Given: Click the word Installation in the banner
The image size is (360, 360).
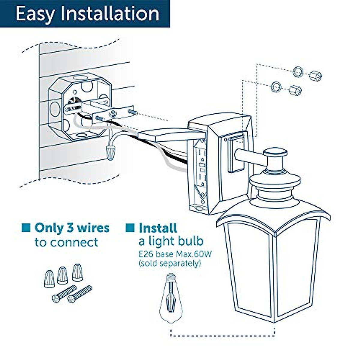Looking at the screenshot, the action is pos(110,13).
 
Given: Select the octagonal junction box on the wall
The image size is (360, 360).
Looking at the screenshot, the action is pos(80,107).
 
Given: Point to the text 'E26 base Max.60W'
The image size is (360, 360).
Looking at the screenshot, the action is pos(175,254).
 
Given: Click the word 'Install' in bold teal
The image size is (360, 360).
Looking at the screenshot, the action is pos(158,228).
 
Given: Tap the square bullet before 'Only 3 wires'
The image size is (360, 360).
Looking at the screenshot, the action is pos(26,227).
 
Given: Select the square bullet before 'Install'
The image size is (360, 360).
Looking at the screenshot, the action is pos(130,227).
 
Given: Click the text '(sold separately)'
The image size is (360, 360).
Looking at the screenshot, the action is pos(170,263).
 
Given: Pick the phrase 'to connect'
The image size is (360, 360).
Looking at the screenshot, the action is pos(66,242).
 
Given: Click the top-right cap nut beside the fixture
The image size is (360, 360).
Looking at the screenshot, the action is pos(315,76).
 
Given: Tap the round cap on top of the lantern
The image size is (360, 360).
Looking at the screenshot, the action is pos(275,152).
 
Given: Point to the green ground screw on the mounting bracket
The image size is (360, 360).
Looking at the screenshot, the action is pos(113,114).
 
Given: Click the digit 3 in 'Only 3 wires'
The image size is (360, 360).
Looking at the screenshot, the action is pos(70,228).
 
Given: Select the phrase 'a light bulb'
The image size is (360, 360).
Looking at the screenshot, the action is pos(171,241).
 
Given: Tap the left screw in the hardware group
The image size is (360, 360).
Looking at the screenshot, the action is pos(64,294).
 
